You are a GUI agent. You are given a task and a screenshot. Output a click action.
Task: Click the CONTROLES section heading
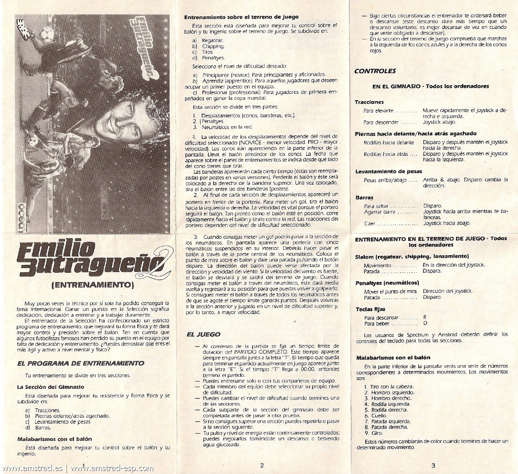pos(375,71)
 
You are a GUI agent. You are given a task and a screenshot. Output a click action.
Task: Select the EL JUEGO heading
pos(203,334)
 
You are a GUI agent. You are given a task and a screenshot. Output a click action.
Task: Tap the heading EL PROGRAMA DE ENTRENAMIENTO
pos(80,363)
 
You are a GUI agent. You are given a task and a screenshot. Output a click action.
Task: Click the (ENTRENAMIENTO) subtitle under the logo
pos(92,284)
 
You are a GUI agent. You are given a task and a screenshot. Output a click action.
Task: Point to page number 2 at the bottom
pos(262,465)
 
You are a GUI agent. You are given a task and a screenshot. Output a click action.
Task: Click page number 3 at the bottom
pos(433,465)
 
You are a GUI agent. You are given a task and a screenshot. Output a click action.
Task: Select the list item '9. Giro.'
pos(373,433)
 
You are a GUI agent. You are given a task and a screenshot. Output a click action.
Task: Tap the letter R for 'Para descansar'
pos(425,317)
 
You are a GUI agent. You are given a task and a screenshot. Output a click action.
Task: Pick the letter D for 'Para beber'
pos(425,323)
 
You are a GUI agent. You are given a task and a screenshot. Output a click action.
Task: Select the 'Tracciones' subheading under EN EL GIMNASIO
pos(369,102)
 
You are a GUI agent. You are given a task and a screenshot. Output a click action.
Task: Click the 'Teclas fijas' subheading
pos(370,309)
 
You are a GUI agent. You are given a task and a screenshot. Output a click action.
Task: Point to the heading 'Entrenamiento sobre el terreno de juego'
pos(241,17)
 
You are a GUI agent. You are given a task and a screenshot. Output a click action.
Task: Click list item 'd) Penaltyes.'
pos(209,58)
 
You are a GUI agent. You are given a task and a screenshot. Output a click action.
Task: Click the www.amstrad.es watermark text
pos(32,468)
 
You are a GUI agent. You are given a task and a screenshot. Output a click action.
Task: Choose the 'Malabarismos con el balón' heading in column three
pos(393,357)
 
